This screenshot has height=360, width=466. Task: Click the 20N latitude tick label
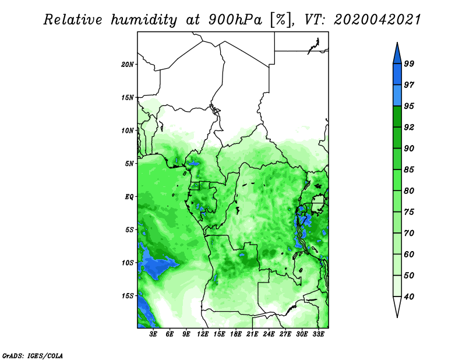tap(128, 64)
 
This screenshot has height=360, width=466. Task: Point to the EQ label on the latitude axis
tap(129, 197)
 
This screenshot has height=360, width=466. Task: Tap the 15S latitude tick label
tap(128, 296)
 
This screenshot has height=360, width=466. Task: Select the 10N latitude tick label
tap(128, 130)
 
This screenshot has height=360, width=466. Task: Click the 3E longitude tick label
tap(153, 334)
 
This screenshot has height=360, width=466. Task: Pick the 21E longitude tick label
tap(252, 334)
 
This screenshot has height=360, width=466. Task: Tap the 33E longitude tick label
tap(318, 334)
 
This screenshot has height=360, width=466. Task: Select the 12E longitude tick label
tap(203, 334)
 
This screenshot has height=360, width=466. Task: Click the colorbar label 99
tap(409, 63)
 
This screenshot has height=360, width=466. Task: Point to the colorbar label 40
tap(409, 297)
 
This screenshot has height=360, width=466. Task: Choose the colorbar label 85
tap(409, 170)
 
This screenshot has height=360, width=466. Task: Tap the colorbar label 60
tap(409, 254)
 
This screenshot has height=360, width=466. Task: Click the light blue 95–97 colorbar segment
tap(397, 96)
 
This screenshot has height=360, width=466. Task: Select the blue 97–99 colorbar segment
tap(397, 75)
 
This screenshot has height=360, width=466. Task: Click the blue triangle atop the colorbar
tap(397, 55)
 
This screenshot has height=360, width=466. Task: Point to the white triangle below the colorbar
tap(397, 306)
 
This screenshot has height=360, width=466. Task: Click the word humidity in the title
tap(144, 20)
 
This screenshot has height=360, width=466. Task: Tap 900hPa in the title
tap(235, 20)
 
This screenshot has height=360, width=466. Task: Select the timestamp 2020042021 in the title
tap(377, 20)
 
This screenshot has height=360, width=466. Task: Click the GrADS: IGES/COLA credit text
tap(33, 355)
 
